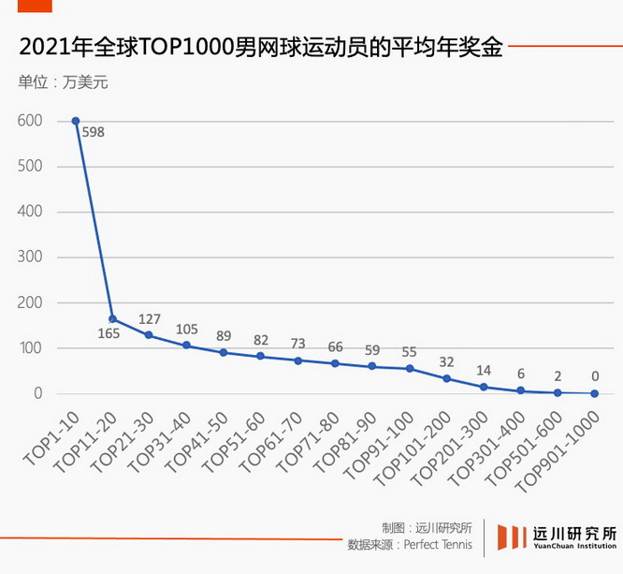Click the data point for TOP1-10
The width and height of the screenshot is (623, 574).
[76, 121]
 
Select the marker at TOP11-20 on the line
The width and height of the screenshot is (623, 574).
[112, 318]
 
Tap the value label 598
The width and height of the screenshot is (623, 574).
[93, 132]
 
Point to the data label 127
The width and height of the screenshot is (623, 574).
[150, 318]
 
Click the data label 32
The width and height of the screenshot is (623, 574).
[446, 361]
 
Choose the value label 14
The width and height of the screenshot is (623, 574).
[484, 370]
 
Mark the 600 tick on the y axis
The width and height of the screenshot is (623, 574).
[29, 121]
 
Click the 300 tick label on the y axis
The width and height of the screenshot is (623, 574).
[29, 258]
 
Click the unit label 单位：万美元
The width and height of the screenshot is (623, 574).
[64, 81]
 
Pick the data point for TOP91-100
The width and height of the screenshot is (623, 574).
[409, 369]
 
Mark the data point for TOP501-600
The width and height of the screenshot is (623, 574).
[558, 393]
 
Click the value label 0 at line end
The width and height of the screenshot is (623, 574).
[594, 376]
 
